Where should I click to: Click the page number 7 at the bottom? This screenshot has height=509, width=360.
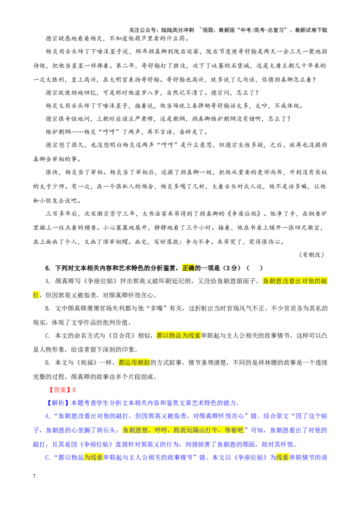tap(34, 476)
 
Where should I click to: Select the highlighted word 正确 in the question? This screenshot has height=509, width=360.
tap(188, 268)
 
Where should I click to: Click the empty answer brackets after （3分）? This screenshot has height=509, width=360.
tap(256, 268)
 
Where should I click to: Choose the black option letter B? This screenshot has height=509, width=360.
tap(47, 308)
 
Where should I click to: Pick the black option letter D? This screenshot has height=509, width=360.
tap(47, 363)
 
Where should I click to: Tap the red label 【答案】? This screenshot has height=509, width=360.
tap(58, 390)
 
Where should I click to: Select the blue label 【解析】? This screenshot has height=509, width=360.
tap(58, 403)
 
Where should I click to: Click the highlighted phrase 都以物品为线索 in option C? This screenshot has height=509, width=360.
tap(178, 335)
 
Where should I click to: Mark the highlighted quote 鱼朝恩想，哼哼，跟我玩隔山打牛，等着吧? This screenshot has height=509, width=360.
tap(183, 430)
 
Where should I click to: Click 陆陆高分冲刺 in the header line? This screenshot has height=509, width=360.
tap(178, 30)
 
